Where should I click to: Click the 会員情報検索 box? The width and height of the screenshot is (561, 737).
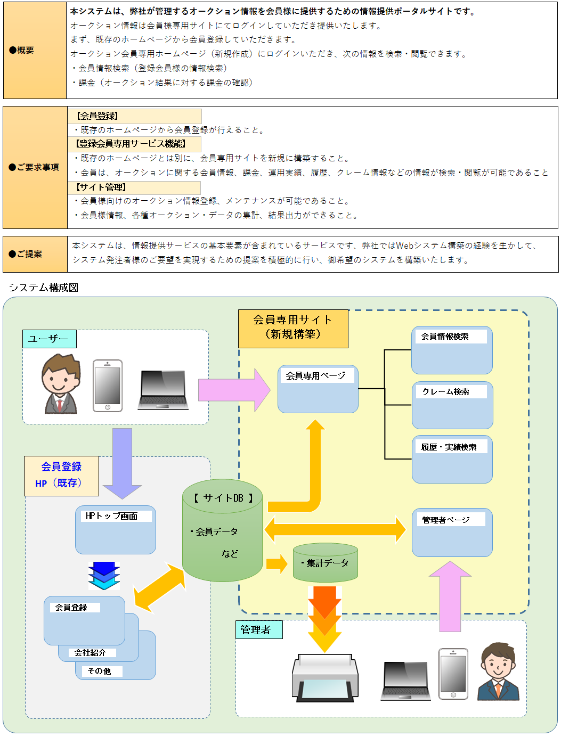coord(451,350)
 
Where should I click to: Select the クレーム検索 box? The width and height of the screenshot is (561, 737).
coord(452,405)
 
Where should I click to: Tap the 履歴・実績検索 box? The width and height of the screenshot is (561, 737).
coord(452,460)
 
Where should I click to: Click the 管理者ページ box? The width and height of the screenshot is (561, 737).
coord(452,533)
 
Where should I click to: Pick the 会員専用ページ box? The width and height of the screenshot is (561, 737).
coord(318,389)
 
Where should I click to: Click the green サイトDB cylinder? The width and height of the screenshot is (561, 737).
coord(222,531)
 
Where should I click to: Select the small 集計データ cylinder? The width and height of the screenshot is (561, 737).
coord(325,563)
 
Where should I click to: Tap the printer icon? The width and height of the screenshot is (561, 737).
coord(324,677)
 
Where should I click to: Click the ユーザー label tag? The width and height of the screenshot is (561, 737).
coord(49,339)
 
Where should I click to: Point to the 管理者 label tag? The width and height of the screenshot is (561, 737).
coord(258,630)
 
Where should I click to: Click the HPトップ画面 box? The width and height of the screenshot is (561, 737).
coord(115,530)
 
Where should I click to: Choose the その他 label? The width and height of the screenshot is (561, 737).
coord(99,671)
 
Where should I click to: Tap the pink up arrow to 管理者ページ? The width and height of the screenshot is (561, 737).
coord(450,596)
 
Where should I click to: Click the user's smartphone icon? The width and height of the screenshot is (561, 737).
coord(107,386)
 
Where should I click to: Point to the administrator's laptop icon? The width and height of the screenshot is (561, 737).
coord(405,681)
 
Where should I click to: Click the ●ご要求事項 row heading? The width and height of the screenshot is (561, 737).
coord(35,167)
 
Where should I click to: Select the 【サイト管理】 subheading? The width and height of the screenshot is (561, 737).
coord(101,187)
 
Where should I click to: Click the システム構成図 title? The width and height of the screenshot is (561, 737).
coord(44,288)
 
